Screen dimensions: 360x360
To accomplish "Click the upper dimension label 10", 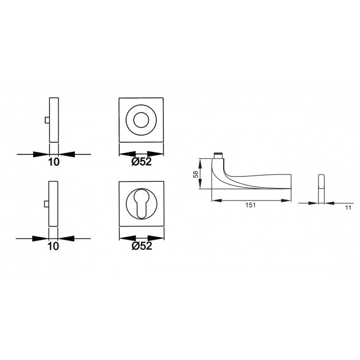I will coord(53,163).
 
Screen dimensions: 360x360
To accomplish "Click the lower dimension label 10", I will coord(53,247).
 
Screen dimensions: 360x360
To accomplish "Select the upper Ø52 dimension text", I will coord(142,163).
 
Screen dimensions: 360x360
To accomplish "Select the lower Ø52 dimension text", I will coord(142,247).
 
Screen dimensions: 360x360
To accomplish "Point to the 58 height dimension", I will coord(196,173).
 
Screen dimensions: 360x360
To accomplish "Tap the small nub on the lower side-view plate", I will coord(47,205).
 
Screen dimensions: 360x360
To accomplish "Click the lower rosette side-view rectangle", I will coord(53,204).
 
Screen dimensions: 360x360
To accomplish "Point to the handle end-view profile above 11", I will coord(321,183).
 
